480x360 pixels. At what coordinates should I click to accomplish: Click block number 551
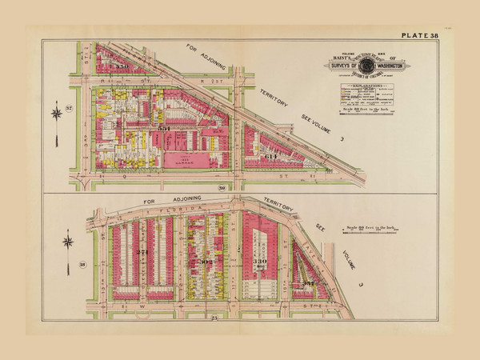click(164, 128)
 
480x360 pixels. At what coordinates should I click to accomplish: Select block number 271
click(143, 253)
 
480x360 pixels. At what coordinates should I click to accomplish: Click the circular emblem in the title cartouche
click(362, 62)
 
